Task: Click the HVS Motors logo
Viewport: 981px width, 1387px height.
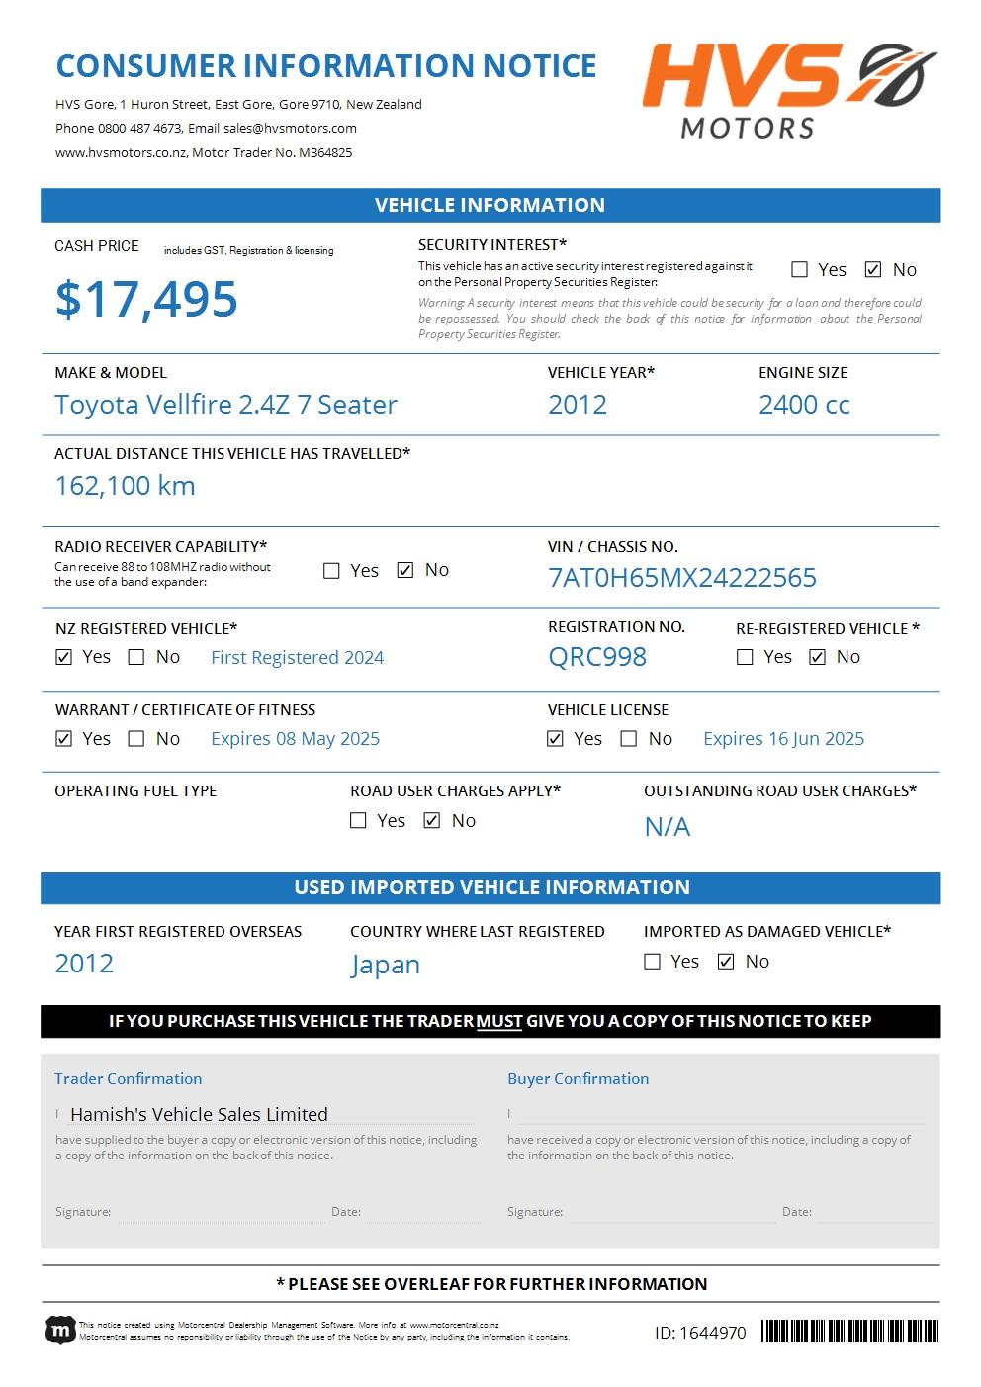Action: point(788,90)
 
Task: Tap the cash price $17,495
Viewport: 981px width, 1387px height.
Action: point(146,299)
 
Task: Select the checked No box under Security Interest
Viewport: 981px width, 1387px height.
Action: point(873,269)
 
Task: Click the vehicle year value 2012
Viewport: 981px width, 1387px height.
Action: point(578,405)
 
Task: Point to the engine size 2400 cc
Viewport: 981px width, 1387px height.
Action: point(804,405)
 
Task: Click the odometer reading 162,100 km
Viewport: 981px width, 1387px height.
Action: point(126,486)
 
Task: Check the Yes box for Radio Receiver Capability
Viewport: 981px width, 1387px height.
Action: point(332,571)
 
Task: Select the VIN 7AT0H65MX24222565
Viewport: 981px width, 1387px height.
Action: point(682,578)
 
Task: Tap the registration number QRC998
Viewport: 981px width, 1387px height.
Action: point(597,657)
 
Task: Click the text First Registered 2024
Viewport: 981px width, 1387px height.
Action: point(297,658)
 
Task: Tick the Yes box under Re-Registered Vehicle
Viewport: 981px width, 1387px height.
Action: point(746,657)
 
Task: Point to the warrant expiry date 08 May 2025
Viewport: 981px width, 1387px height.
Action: point(295,739)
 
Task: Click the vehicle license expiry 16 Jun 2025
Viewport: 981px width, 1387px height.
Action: point(783,739)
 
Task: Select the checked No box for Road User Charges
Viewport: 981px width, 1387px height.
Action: point(432,821)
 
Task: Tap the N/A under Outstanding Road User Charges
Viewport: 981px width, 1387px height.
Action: point(668,827)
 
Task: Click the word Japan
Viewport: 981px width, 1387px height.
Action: point(386,965)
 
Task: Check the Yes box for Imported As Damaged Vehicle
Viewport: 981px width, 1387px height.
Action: point(653,962)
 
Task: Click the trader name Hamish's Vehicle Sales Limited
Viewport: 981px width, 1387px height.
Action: point(199,1115)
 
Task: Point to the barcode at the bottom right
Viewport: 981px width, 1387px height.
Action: point(849,1332)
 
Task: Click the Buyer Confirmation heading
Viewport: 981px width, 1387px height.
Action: point(579,1079)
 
